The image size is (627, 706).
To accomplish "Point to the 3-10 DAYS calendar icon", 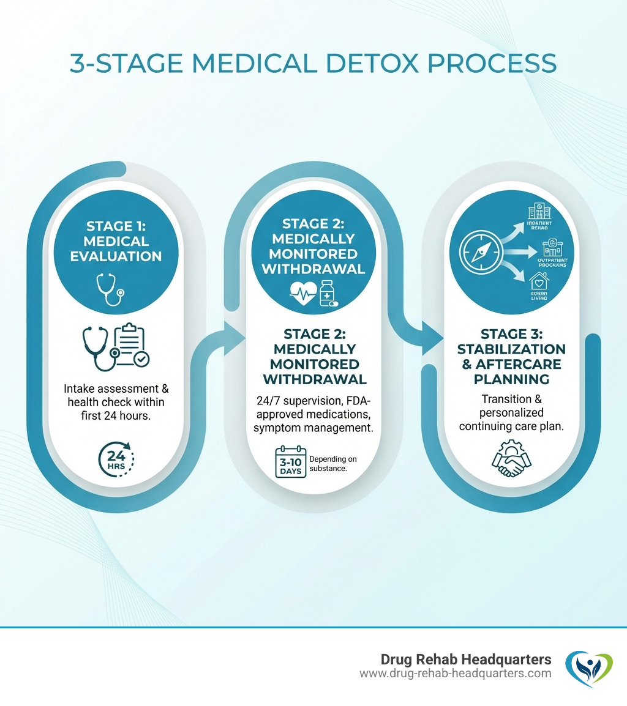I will pos(289,464).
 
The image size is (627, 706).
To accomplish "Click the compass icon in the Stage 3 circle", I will pos(479,251).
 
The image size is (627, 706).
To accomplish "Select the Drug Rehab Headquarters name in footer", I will pos(465,660).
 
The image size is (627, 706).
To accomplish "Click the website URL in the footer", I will pos(455,674).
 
